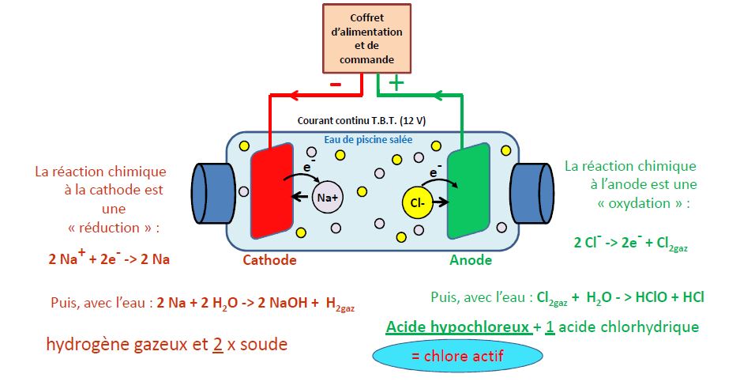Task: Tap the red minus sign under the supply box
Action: point(336,83)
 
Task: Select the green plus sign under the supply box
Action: point(396,82)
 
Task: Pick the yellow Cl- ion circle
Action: point(418,204)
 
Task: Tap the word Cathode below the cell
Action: point(269,260)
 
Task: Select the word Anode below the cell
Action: point(471,260)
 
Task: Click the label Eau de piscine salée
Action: point(371,140)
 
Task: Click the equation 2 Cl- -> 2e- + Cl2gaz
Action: point(630,244)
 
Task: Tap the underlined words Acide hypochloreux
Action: point(457,327)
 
